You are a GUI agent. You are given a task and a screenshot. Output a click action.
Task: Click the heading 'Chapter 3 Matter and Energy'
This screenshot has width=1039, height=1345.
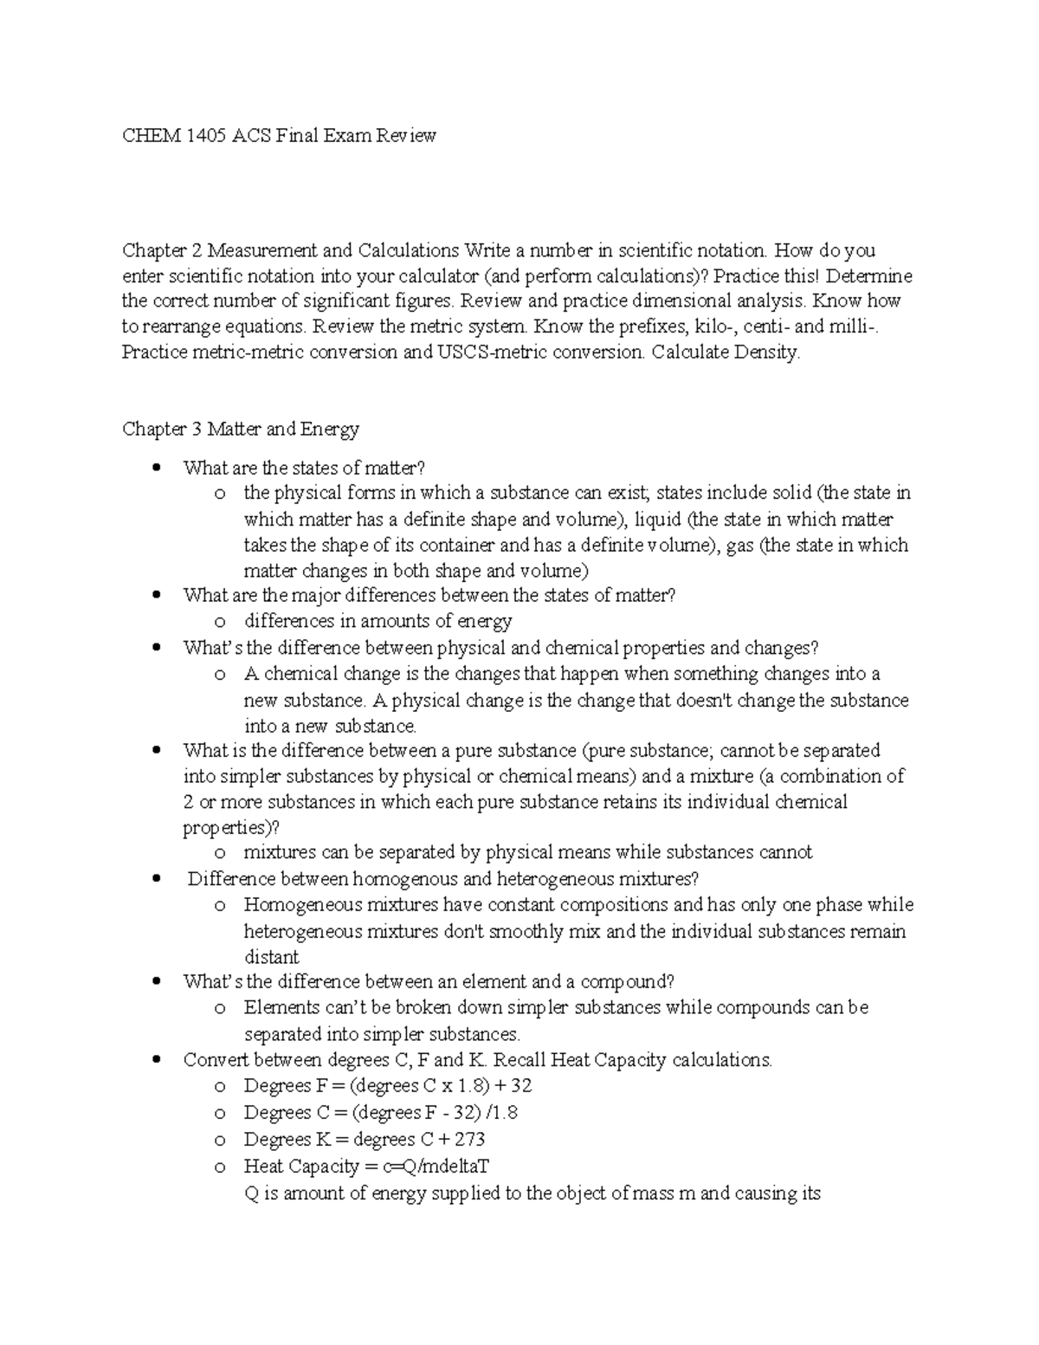[240, 429]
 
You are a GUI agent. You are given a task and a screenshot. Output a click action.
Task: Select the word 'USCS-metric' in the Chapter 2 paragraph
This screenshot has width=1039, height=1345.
[485, 352]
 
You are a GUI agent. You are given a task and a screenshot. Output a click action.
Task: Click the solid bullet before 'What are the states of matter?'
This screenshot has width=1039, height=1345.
[156, 468]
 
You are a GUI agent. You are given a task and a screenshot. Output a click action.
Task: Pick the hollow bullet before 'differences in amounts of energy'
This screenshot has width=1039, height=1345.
[221, 622]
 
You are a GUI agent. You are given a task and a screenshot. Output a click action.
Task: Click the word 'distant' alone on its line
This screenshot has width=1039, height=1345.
[271, 957]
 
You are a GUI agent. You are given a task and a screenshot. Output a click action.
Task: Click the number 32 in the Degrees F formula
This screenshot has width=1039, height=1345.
[521, 1086]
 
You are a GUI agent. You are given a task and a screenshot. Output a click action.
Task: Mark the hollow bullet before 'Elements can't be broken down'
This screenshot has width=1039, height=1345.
[221, 1008]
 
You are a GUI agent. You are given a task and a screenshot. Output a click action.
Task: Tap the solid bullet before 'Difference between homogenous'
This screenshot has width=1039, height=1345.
[156, 879]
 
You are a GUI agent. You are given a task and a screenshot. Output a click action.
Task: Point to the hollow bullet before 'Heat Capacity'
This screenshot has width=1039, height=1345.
[221, 1167]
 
